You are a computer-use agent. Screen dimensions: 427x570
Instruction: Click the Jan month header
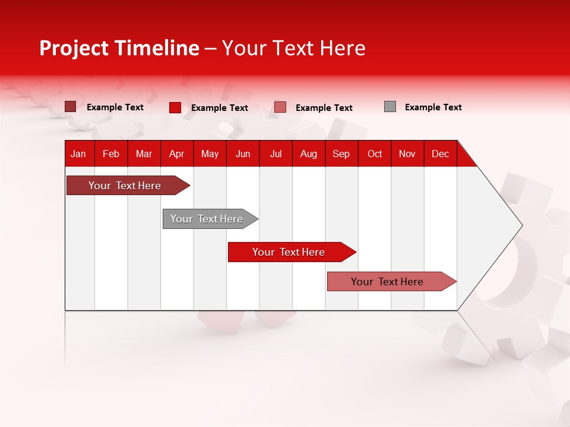79,154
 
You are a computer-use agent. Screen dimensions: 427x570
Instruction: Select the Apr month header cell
177,154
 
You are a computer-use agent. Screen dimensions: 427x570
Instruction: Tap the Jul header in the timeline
275,154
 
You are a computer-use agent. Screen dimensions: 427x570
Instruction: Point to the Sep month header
341,154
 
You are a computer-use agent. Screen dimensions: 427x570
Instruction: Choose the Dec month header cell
440,154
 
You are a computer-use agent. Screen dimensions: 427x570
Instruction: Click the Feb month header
111,154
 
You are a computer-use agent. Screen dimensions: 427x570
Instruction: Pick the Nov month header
407,154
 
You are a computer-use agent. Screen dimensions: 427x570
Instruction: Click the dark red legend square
70,107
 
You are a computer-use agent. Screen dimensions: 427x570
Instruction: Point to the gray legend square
390,107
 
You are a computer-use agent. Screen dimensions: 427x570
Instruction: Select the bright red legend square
175,107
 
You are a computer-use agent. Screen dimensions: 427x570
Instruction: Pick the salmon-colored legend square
280,107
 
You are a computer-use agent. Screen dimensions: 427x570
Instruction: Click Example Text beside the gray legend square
433,107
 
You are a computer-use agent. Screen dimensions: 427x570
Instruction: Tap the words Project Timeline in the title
119,48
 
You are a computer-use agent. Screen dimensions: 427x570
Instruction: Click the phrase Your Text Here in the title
293,48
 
